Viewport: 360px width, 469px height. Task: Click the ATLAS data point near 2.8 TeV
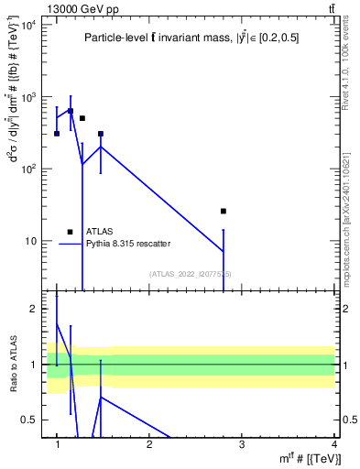point(224,211)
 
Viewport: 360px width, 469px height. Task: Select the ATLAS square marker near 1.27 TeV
point(82,118)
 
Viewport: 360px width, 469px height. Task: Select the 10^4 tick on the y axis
point(28,24)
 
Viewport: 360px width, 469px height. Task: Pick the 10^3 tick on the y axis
point(28,96)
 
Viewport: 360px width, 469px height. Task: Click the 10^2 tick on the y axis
point(28,169)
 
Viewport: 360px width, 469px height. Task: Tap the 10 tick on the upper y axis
point(31,241)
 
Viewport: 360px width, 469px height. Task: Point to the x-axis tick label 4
point(334,444)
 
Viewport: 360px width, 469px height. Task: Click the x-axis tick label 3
point(242,444)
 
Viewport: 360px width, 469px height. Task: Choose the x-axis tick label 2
point(149,444)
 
